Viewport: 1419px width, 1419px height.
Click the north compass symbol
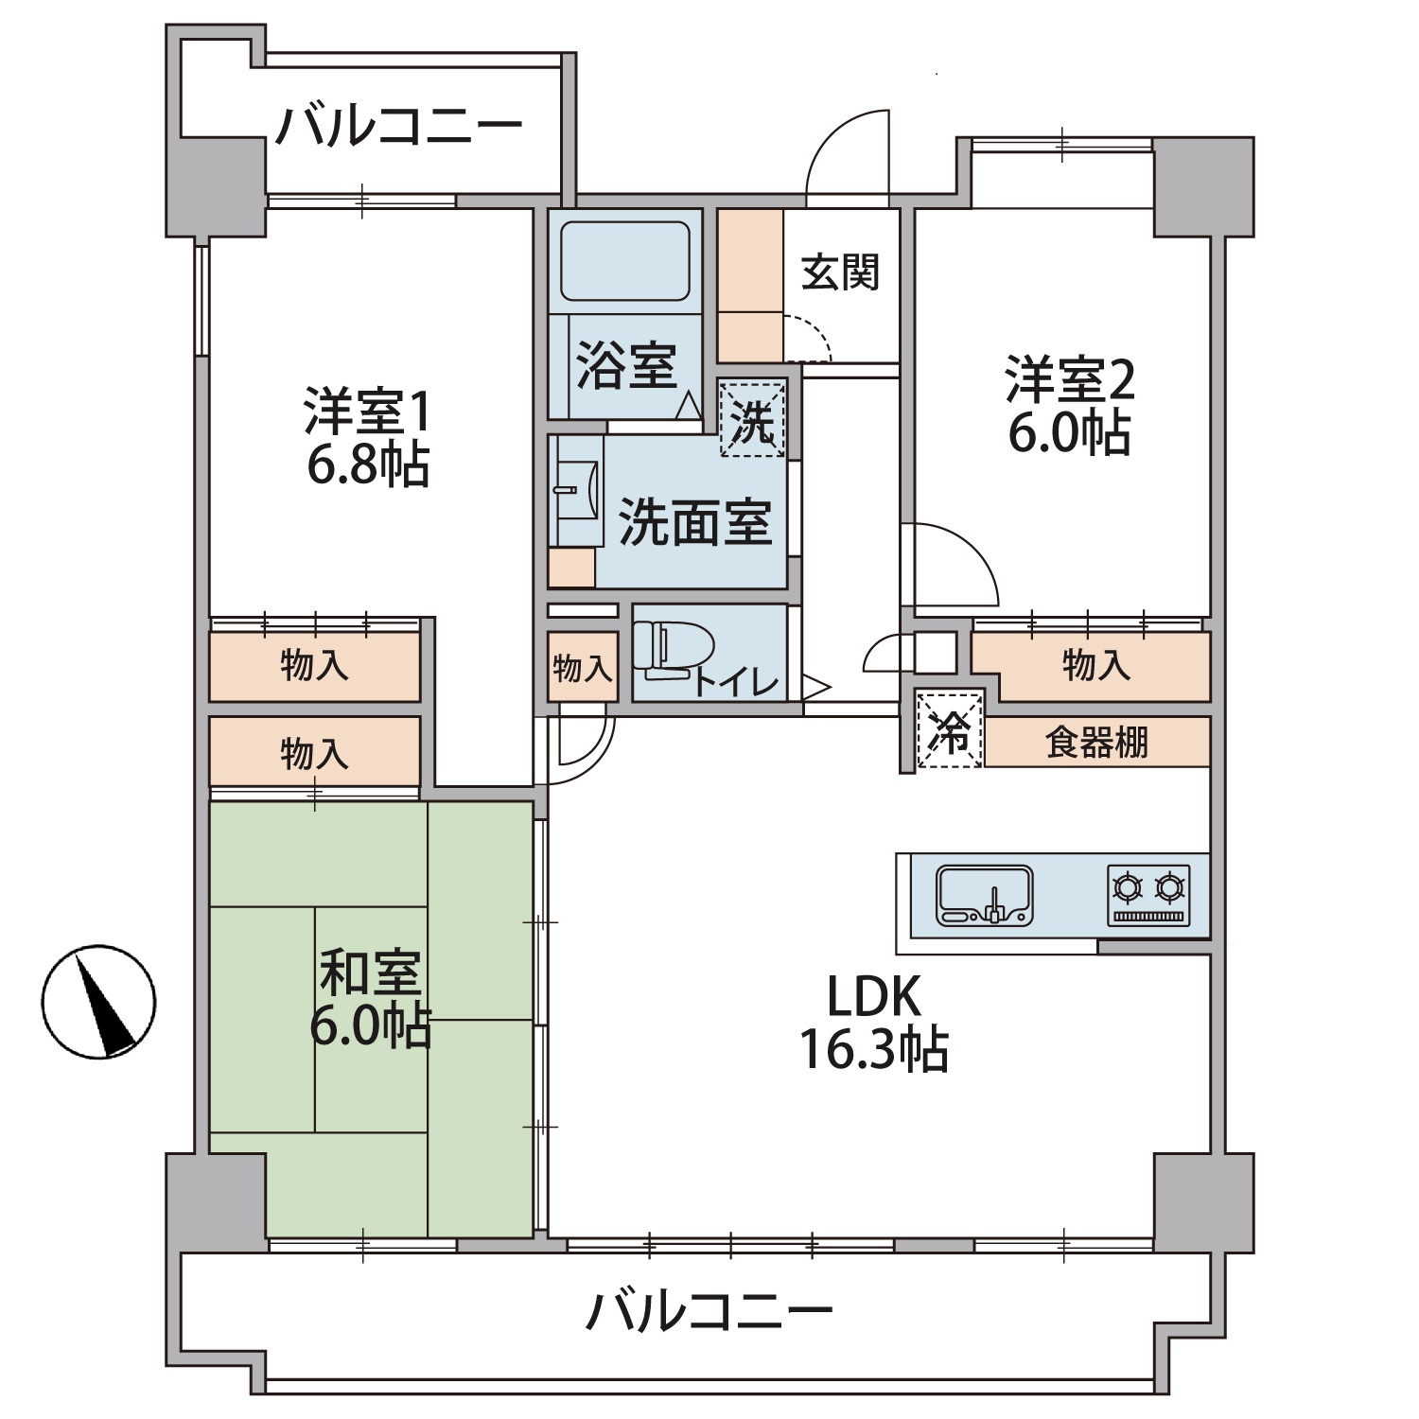tap(98, 1001)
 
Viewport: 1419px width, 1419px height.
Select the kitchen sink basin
tap(984, 895)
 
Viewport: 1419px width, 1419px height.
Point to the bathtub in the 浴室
tap(624, 262)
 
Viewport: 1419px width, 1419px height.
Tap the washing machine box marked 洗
tap(753, 418)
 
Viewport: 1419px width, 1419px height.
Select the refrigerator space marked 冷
tap(950, 730)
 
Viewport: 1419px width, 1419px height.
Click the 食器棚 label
tap(1096, 743)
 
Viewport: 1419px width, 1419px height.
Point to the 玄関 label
tap(840, 272)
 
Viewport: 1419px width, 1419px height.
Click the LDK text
tap(873, 996)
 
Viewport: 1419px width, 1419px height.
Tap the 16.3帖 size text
tap(873, 1050)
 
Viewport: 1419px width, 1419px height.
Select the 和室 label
tap(369, 972)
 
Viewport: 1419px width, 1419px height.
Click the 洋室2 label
tap(1069, 379)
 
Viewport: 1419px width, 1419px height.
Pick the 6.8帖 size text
tap(368, 464)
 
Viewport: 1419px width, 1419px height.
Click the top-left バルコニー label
tap(398, 127)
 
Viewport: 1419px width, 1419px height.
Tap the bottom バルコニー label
tap(709, 1312)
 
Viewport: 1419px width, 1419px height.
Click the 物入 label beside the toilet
tap(583, 669)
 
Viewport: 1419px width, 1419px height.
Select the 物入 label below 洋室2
tap(1095, 665)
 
